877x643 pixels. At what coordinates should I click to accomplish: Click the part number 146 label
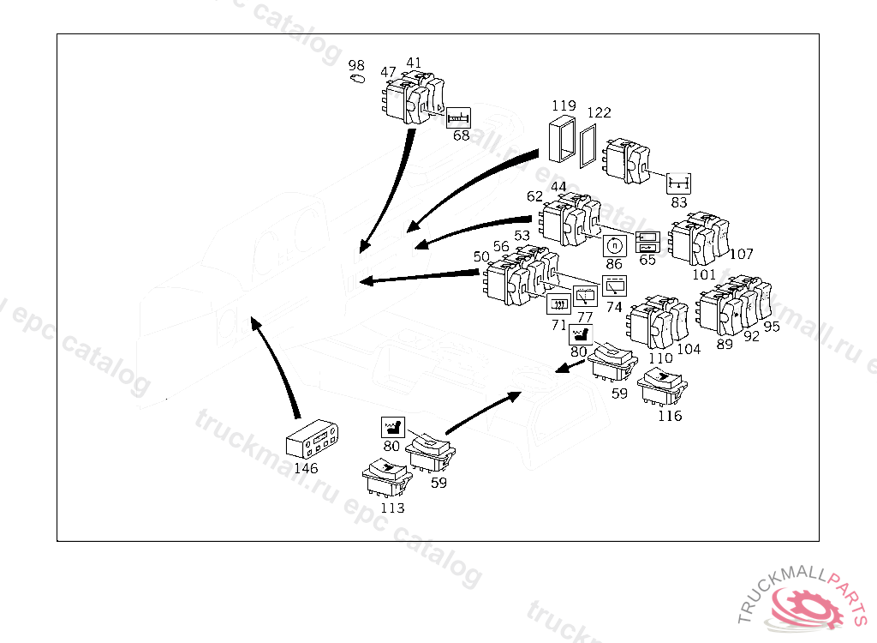[306, 469]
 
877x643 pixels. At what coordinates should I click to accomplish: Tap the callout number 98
[356, 66]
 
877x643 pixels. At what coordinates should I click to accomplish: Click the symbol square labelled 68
[459, 117]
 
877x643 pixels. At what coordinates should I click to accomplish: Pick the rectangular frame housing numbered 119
[561, 139]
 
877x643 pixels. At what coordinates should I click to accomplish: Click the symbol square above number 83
[678, 183]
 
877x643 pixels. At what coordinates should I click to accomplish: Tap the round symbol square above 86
[614, 245]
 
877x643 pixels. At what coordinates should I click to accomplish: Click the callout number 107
[742, 254]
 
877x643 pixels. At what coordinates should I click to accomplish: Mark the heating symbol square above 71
[558, 304]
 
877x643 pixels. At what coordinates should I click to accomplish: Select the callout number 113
[392, 508]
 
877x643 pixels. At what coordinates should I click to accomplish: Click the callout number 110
[660, 358]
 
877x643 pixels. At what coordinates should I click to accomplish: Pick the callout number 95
[772, 327]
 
